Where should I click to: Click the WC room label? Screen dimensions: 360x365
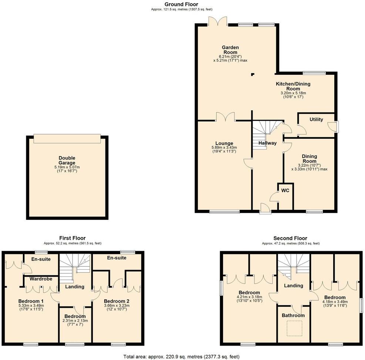coord(285,191)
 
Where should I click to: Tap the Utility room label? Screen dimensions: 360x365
coord(316,120)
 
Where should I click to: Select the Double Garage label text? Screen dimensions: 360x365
coord(67,160)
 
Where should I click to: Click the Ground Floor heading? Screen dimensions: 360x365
coord(181,4)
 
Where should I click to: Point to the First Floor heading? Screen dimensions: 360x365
coord(72,238)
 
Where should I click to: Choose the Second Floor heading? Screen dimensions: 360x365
coord(290,238)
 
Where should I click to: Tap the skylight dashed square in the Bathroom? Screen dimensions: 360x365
coord(294,328)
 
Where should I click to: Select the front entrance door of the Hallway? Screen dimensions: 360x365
coord(265,209)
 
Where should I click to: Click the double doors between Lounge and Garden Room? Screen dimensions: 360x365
coord(226,117)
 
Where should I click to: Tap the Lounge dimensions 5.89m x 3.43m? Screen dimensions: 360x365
coord(224,148)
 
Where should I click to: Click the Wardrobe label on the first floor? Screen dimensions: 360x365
coord(41,279)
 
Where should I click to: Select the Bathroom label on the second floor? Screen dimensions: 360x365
coord(293,315)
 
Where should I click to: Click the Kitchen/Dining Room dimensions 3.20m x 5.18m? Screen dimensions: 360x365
coord(293,93)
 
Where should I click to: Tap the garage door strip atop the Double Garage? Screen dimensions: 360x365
coord(67,138)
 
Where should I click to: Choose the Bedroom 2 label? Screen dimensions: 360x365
coord(116,301)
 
